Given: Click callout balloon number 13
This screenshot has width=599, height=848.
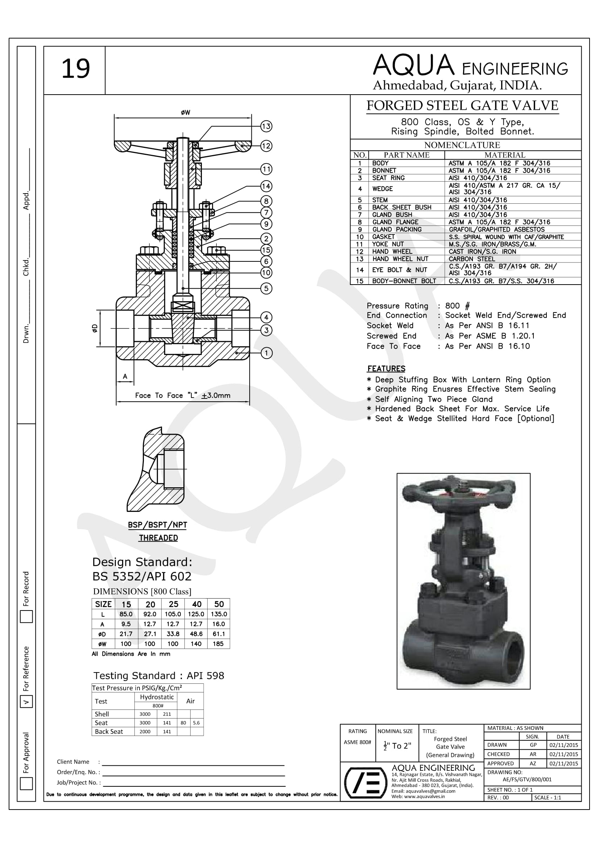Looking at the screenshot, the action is pyautogui.click(x=266, y=126).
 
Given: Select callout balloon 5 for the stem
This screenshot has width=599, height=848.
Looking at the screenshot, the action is pyautogui.click(x=266, y=288).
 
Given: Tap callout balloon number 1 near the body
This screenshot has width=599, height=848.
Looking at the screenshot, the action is pyautogui.click(x=266, y=353).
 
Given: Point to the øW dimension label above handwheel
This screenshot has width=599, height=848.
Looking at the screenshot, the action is pyautogui.click(x=186, y=113).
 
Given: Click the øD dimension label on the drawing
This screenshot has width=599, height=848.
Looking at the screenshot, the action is pyautogui.click(x=95, y=328).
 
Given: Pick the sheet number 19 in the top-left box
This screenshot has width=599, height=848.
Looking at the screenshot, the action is pyautogui.click(x=75, y=69).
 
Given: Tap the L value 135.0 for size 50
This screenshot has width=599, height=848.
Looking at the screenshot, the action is pyautogui.click(x=219, y=614).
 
